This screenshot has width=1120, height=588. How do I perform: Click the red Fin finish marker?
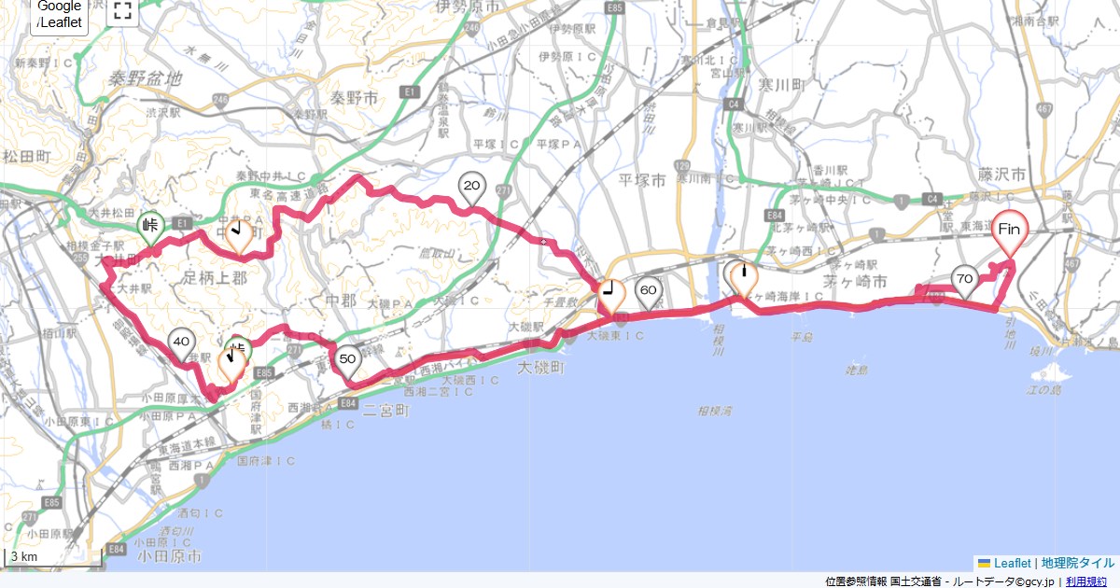coord(1009,230)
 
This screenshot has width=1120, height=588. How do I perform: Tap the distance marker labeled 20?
coord(471,188)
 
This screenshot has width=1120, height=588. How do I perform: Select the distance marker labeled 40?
coord(181,343)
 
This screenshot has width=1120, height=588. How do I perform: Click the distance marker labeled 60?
coord(648,291)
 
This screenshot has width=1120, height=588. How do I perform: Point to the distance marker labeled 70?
coord(964,279)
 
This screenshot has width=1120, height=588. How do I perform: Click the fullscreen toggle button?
coord(122,11)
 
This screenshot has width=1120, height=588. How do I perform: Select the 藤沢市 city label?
coord(1004,175)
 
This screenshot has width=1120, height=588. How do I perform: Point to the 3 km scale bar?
coord(53,558)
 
